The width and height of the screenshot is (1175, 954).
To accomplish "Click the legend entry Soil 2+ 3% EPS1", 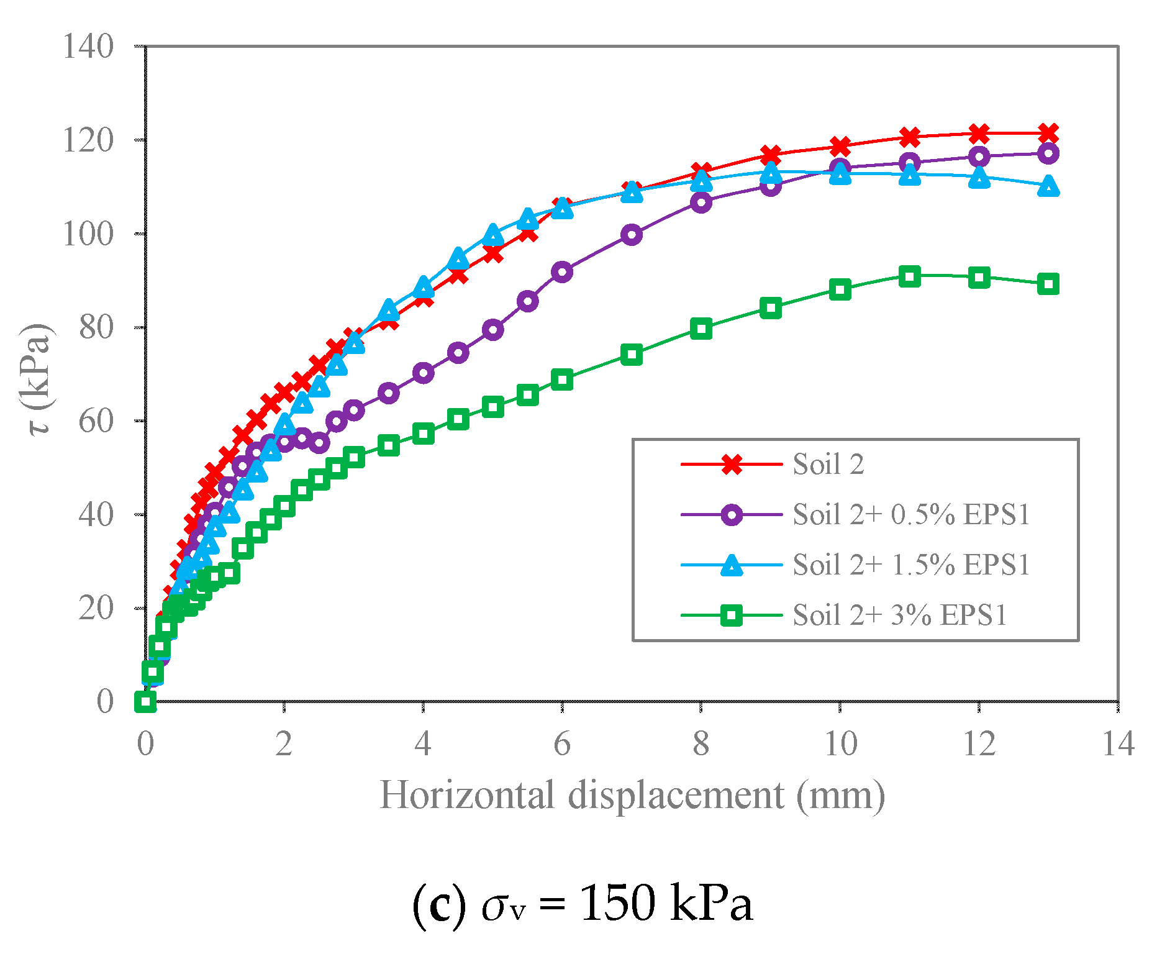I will click(899, 615).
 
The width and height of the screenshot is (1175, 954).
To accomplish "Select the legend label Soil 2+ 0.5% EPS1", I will click(911, 514).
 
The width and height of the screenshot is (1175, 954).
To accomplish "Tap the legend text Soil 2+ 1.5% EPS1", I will click(911, 565).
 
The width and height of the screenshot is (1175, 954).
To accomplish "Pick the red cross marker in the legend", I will click(732, 464).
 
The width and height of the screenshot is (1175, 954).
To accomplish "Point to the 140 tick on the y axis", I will click(88, 47).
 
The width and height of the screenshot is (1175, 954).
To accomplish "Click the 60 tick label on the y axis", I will click(96, 421).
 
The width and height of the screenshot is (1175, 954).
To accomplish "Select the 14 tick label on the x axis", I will click(1118, 743).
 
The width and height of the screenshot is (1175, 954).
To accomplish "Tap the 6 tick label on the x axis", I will click(561, 743).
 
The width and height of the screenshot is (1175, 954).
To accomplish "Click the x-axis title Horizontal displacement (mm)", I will click(632, 795).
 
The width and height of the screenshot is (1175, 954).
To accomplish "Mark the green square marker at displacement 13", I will click(1048, 284).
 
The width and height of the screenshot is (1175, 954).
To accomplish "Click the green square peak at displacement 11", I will click(910, 276).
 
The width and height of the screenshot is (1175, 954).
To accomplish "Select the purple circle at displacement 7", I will click(632, 235).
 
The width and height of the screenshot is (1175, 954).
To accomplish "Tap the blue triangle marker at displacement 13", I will click(1048, 186).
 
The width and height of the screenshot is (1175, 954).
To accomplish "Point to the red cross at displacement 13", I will click(1048, 133).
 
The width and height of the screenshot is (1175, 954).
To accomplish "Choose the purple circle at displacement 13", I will click(1048, 153).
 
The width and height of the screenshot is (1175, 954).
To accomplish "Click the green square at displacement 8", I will click(701, 329).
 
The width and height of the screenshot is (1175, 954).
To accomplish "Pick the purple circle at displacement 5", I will click(492, 330).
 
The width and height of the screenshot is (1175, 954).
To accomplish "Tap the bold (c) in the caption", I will click(438, 905).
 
